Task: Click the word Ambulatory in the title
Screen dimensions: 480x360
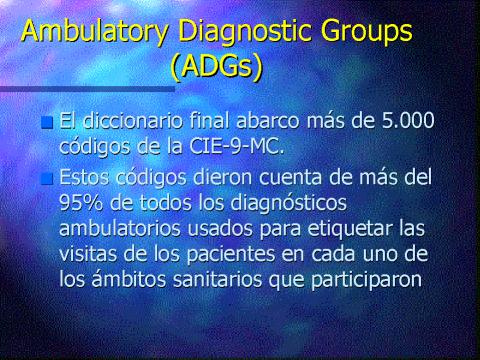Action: (95, 31)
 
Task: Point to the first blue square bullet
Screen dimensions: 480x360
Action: (47, 123)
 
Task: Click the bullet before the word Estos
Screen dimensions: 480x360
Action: (47, 179)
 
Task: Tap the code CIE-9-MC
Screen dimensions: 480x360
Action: (237, 146)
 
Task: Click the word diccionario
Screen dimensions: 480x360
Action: (133, 120)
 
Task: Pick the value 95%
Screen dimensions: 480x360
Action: (80, 202)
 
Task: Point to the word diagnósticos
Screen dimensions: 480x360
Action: (289, 203)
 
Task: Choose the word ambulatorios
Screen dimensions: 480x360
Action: (120, 228)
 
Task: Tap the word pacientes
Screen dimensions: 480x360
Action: (231, 255)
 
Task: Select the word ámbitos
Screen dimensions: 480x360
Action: (129, 279)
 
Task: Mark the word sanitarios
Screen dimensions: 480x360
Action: (217, 279)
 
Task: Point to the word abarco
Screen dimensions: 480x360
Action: (268, 120)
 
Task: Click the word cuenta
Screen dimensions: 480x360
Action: (290, 178)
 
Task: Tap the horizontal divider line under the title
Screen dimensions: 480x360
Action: (87, 89)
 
